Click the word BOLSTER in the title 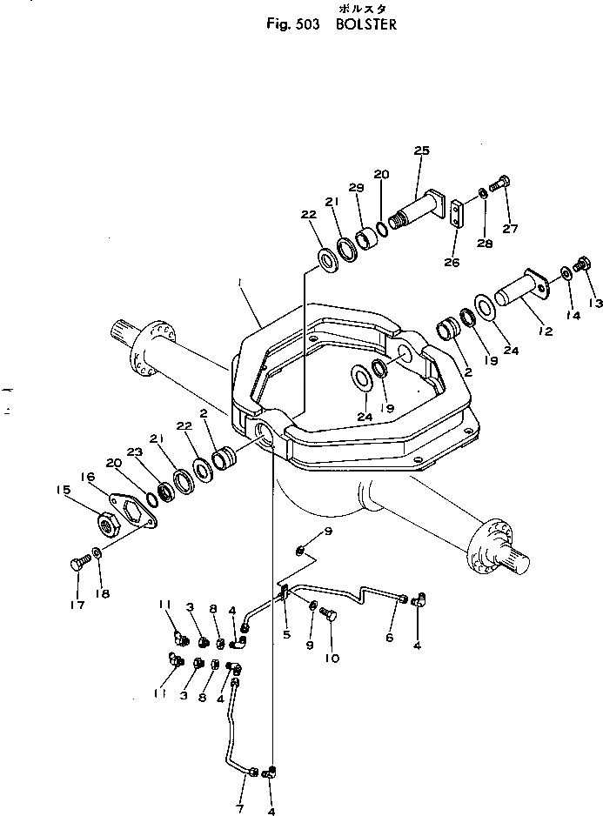366,25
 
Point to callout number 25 422,151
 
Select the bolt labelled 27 499,184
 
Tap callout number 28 485,244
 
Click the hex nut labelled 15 107,523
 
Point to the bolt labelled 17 76,564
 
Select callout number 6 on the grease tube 388,637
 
